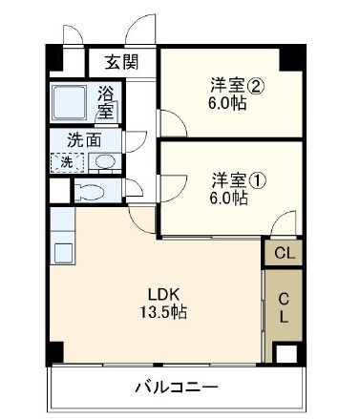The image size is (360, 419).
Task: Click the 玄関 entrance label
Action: pyautogui.click(x=121, y=63)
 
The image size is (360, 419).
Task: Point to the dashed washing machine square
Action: pyautogui.click(x=67, y=161)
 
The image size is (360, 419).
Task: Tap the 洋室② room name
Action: pyautogui.click(x=229, y=84)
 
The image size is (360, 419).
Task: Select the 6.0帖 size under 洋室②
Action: pyautogui.click(x=229, y=103)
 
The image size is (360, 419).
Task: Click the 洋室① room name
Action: pyautogui.click(x=229, y=178)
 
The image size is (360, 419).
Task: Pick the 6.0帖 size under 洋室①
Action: pyautogui.click(x=229, y=198)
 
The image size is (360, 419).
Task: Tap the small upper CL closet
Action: pyautogui.click(x=284, y=253)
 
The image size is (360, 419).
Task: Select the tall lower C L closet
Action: pyautogui.click(x=284, y=307)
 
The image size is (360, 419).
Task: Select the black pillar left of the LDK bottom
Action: pyautogui.click(x=55, y=351)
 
